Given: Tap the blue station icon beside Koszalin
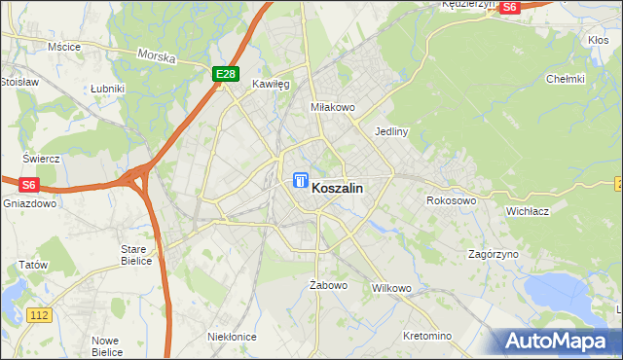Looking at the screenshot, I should [300, 181].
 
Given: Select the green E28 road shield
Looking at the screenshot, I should [225, 74].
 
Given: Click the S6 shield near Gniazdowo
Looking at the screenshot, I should [27, 184].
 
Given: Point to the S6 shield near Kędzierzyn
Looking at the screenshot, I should [509, 6].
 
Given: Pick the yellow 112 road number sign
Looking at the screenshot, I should [40, 315].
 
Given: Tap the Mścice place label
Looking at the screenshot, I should [64, 47].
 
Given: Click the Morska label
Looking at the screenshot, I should [156, 56].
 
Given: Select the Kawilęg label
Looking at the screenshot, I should [272, 85].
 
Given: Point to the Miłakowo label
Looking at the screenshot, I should [331, 107].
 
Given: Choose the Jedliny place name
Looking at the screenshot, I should [390, 130].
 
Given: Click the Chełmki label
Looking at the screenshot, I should [565, 80].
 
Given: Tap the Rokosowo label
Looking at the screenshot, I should [451, 201].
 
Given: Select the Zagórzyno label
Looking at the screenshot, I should [493, 253].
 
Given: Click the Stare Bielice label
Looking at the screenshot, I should [134, 255].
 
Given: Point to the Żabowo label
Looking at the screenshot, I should [328, 285].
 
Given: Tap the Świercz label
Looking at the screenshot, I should [42, 158].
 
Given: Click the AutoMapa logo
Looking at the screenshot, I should [560, 342].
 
